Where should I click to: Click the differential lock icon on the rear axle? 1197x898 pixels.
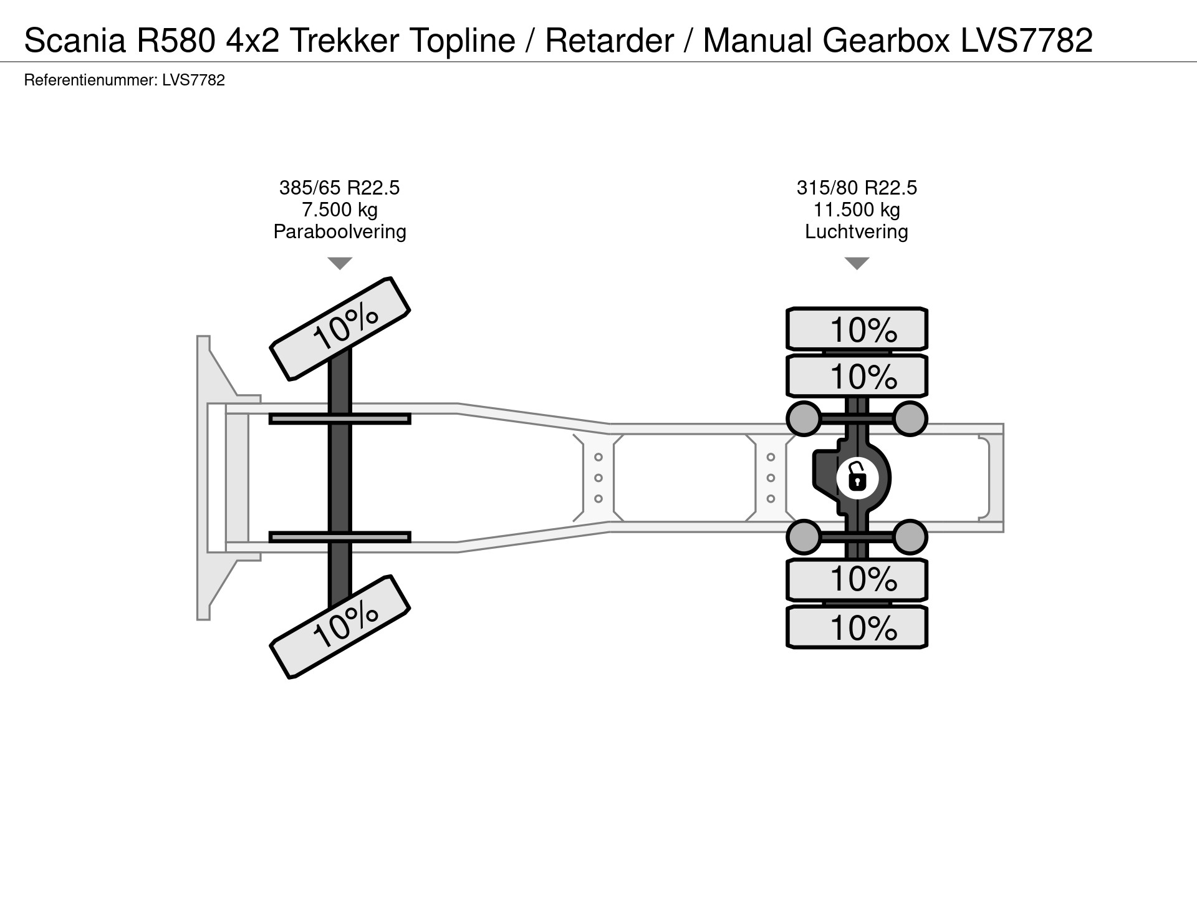click(x=857, y=479)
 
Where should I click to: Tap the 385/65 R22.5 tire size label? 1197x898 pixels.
click(x=339, y=188)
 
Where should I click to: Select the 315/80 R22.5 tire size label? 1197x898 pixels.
click(x=857, y=188)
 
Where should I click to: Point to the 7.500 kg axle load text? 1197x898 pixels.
click(x=339, y=210)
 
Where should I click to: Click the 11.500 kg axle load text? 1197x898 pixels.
click(x=857, y=210)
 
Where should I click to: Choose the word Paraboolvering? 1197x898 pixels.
click(x=339, y=231)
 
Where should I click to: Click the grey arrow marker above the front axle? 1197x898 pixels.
click(x=340, y=263)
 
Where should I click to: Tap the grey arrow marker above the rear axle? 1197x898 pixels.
click(x=857, y=263)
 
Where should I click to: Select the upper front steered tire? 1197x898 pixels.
click(x=340, y=328)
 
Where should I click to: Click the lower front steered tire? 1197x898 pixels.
click(x=340, y=626)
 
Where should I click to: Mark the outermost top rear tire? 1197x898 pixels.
click(x=857, y=329)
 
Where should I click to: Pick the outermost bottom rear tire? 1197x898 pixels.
click(x=857, y=627)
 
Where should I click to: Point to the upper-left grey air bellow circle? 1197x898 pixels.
click(x=804, y=418)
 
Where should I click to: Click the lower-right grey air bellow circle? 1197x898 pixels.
click(x=910, y=537)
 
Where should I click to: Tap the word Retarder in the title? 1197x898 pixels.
click(x=609, y=40)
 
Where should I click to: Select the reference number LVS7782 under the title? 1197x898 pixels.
click(x=193, y=80)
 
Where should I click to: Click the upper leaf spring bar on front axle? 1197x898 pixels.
click(x=340, y=419)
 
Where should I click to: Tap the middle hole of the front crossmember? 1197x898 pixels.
click(x=598, y=478)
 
